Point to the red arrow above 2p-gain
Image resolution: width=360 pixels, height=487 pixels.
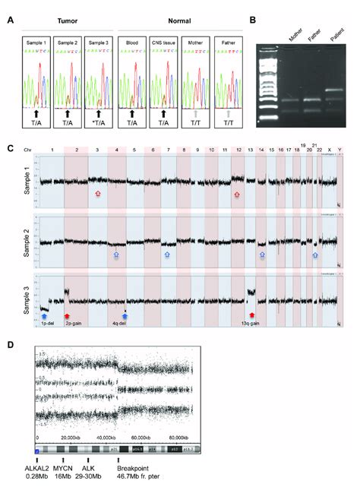[68, 316]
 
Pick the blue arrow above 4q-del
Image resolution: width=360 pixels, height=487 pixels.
[126, 315]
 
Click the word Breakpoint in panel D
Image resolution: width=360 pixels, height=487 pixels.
[131, 470]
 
